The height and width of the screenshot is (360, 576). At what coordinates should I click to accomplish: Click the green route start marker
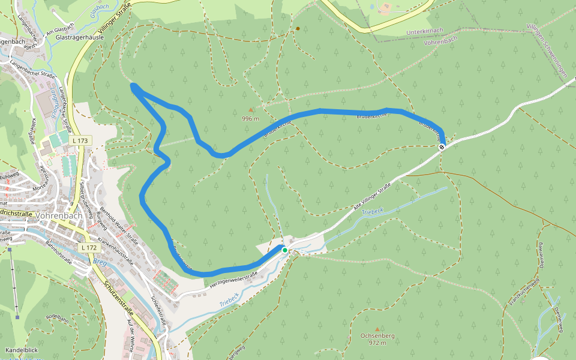[x=285, y=250]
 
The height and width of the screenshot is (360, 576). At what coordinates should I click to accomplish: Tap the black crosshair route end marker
[x=442, y=146]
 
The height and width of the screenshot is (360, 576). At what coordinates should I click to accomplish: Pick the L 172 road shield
[x=88, y=247]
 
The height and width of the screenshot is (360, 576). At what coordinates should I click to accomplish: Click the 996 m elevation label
[x=250, y=118]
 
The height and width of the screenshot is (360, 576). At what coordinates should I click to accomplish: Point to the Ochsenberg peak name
[x=377, y=336]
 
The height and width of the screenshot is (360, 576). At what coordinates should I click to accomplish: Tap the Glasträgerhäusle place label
[x=80, y=37]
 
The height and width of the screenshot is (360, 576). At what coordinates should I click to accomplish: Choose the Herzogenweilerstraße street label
[x=233, y=279]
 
